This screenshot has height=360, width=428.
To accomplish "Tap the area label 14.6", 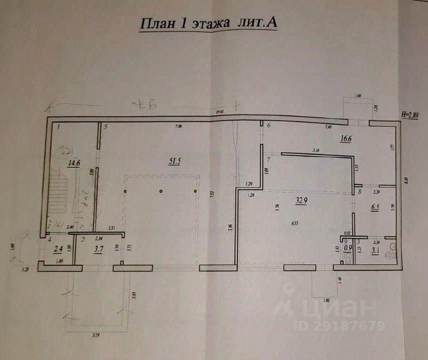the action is click(x=73, y=164).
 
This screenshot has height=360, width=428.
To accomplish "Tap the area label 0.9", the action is click(x=348, y=248).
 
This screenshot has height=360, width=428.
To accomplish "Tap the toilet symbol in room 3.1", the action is click(x=394, y=247).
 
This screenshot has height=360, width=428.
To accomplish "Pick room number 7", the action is click(x=269, y=159).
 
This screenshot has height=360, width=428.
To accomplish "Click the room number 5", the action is click(x=106, y=127).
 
